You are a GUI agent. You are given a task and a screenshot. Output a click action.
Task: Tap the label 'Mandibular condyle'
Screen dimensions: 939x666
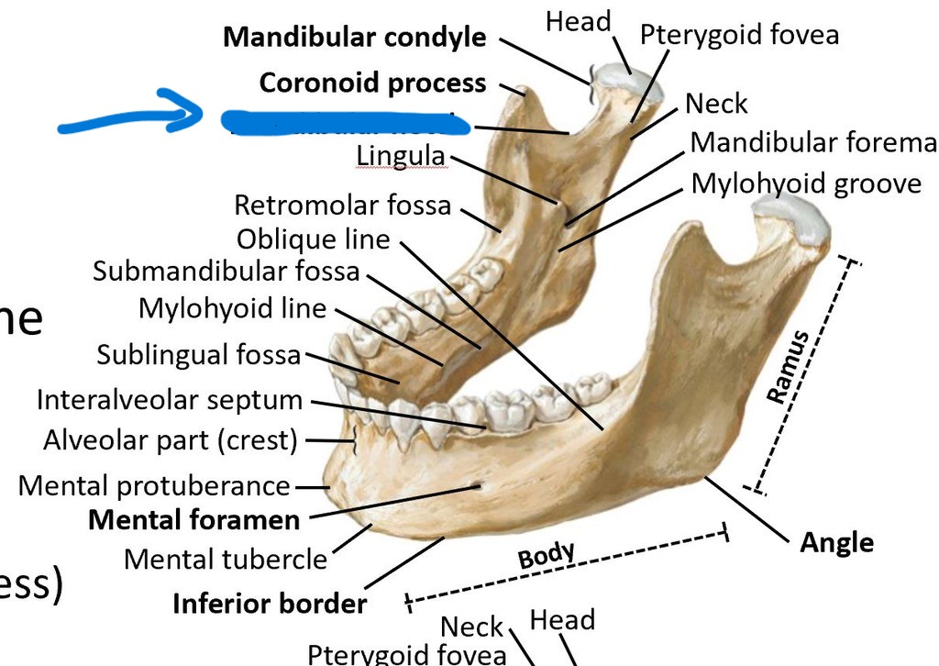355,38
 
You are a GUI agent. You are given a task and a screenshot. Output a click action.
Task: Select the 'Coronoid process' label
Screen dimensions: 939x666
372,83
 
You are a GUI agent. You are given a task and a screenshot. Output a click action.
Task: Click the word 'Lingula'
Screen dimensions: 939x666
400,157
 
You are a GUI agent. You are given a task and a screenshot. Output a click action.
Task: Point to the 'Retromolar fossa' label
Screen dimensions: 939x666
343,205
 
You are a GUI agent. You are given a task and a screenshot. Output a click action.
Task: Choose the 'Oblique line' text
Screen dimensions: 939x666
313,239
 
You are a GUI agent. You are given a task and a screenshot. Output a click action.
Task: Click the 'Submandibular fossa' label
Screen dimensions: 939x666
227,272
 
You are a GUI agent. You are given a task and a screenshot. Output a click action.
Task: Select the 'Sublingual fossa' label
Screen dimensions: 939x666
199,354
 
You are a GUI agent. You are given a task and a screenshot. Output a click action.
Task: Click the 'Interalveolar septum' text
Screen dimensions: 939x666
170,400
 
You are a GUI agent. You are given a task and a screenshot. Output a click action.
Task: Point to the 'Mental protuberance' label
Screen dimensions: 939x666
154,484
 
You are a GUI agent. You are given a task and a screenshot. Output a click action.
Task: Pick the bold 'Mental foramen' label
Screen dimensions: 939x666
193,520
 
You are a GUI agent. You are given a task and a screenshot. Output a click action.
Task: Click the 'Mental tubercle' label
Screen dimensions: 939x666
225,558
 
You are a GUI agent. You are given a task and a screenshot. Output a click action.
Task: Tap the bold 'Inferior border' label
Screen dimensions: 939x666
270,604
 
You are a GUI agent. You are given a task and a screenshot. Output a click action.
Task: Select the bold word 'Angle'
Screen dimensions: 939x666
836,542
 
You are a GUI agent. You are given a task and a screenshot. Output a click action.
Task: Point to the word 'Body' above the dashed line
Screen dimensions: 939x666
547,555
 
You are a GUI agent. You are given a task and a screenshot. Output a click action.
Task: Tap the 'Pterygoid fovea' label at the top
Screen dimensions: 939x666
739,35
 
